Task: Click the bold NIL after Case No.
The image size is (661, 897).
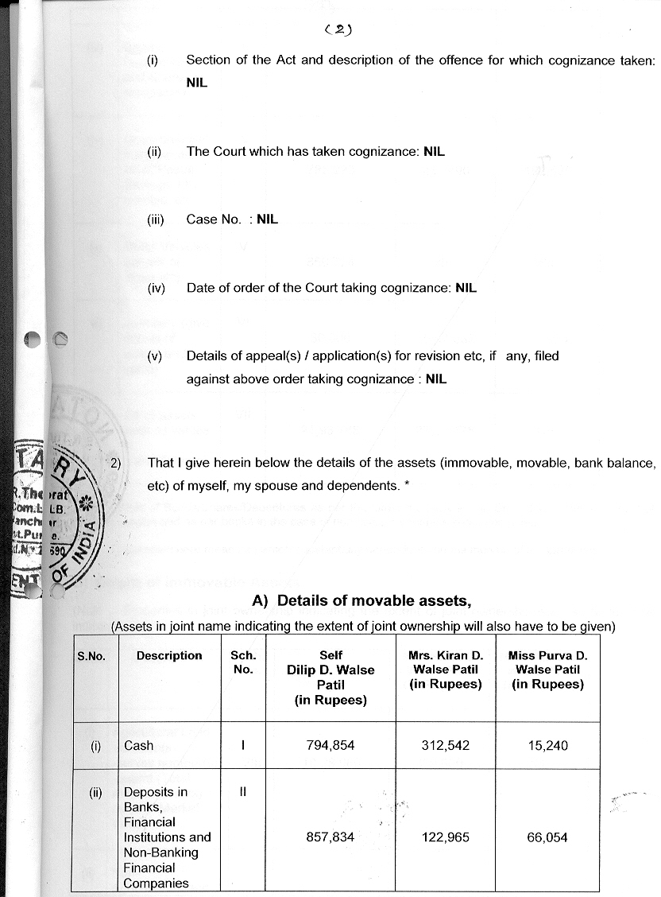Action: click(267, 219)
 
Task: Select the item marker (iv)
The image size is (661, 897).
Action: click(157, 288)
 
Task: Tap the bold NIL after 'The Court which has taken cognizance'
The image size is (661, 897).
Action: click(434, 151)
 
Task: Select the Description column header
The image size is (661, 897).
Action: click(169, 655)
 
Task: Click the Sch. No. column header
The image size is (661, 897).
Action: click(243, 662)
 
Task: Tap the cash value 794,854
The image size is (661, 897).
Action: click(330, 745)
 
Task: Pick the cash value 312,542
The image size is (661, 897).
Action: click(446, 745)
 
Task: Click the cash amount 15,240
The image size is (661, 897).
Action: click(547, 745)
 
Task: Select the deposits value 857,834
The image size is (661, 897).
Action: click(330, 837)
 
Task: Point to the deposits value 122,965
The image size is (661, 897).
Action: click(446, 837)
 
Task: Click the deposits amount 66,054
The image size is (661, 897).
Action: click(547, 837)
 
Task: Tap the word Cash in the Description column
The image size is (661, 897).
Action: click(139, 745)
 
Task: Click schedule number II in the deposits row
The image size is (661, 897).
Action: click(243, 792)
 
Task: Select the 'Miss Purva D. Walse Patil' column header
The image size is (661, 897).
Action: click(548, 670)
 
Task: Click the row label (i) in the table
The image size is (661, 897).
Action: click(95, 745)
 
